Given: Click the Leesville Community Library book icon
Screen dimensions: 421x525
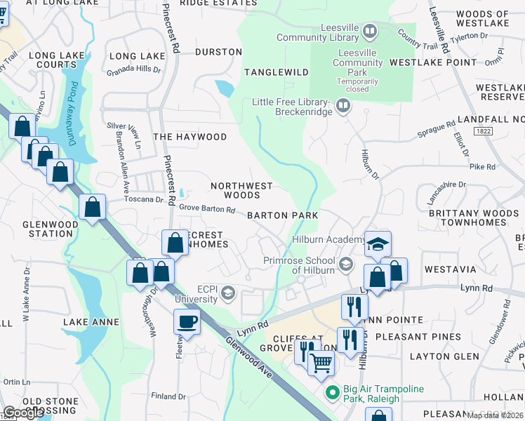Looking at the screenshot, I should click(x=370, y=31).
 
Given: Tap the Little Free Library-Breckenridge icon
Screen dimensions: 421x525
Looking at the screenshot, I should click(x=343, y=106).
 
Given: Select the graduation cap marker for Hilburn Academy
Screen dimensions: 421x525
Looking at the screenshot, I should click(x=378, y=243).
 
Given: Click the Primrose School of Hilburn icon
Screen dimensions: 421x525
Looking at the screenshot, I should click(x=345, y=264).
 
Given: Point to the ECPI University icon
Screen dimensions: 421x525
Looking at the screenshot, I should click(x=227, y=294).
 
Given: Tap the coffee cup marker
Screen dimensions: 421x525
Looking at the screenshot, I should click(x=187, y=322).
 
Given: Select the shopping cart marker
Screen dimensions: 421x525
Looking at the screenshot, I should click(x=321, y=363).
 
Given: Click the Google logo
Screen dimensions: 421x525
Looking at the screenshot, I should click(x=23, y=413).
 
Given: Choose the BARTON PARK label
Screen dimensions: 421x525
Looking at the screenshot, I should click(x=282, y=215).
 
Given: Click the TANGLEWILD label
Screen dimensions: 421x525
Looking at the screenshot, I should click(x=276, y=72).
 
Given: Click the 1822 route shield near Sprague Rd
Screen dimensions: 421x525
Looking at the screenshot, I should click(x=482, y=131).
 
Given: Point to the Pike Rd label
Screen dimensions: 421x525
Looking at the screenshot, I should click(x=481, y=167).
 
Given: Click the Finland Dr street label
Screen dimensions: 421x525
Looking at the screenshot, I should click(x=168, y=396).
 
